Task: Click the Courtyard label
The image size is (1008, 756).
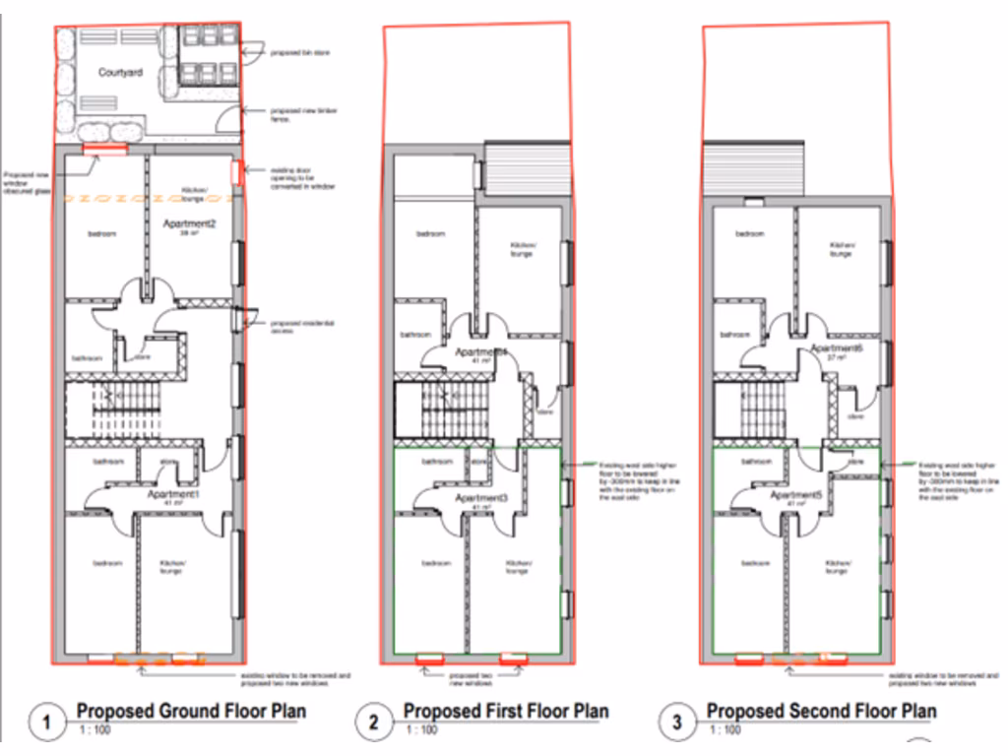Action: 119,72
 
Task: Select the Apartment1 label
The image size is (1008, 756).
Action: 173,494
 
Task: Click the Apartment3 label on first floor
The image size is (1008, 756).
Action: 481,499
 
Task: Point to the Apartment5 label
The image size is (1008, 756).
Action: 796,495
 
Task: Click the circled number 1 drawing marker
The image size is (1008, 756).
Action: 46,724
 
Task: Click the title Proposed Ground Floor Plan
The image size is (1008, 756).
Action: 191,711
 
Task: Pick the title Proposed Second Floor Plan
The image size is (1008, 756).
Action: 821,711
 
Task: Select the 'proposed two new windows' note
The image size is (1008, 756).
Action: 470,679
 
